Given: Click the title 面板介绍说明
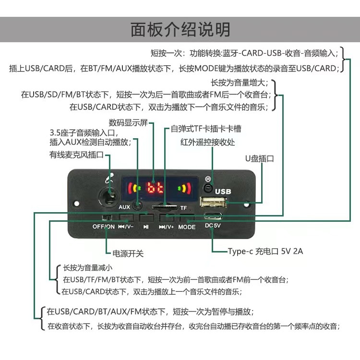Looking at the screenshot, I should point(180,29).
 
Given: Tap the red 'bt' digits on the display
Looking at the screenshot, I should point(155,188).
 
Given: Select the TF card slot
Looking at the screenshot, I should point(163,207).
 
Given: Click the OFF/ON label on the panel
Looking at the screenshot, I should point(104,227).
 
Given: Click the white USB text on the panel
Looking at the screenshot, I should point(223,192).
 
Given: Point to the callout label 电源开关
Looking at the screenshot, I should point(128,253).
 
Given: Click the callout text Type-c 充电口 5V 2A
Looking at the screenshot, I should point(265,251).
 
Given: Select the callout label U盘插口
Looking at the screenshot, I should point(259,158).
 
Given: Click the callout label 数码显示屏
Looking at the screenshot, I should point(128,122).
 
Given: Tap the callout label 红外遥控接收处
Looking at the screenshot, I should point(208,142).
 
